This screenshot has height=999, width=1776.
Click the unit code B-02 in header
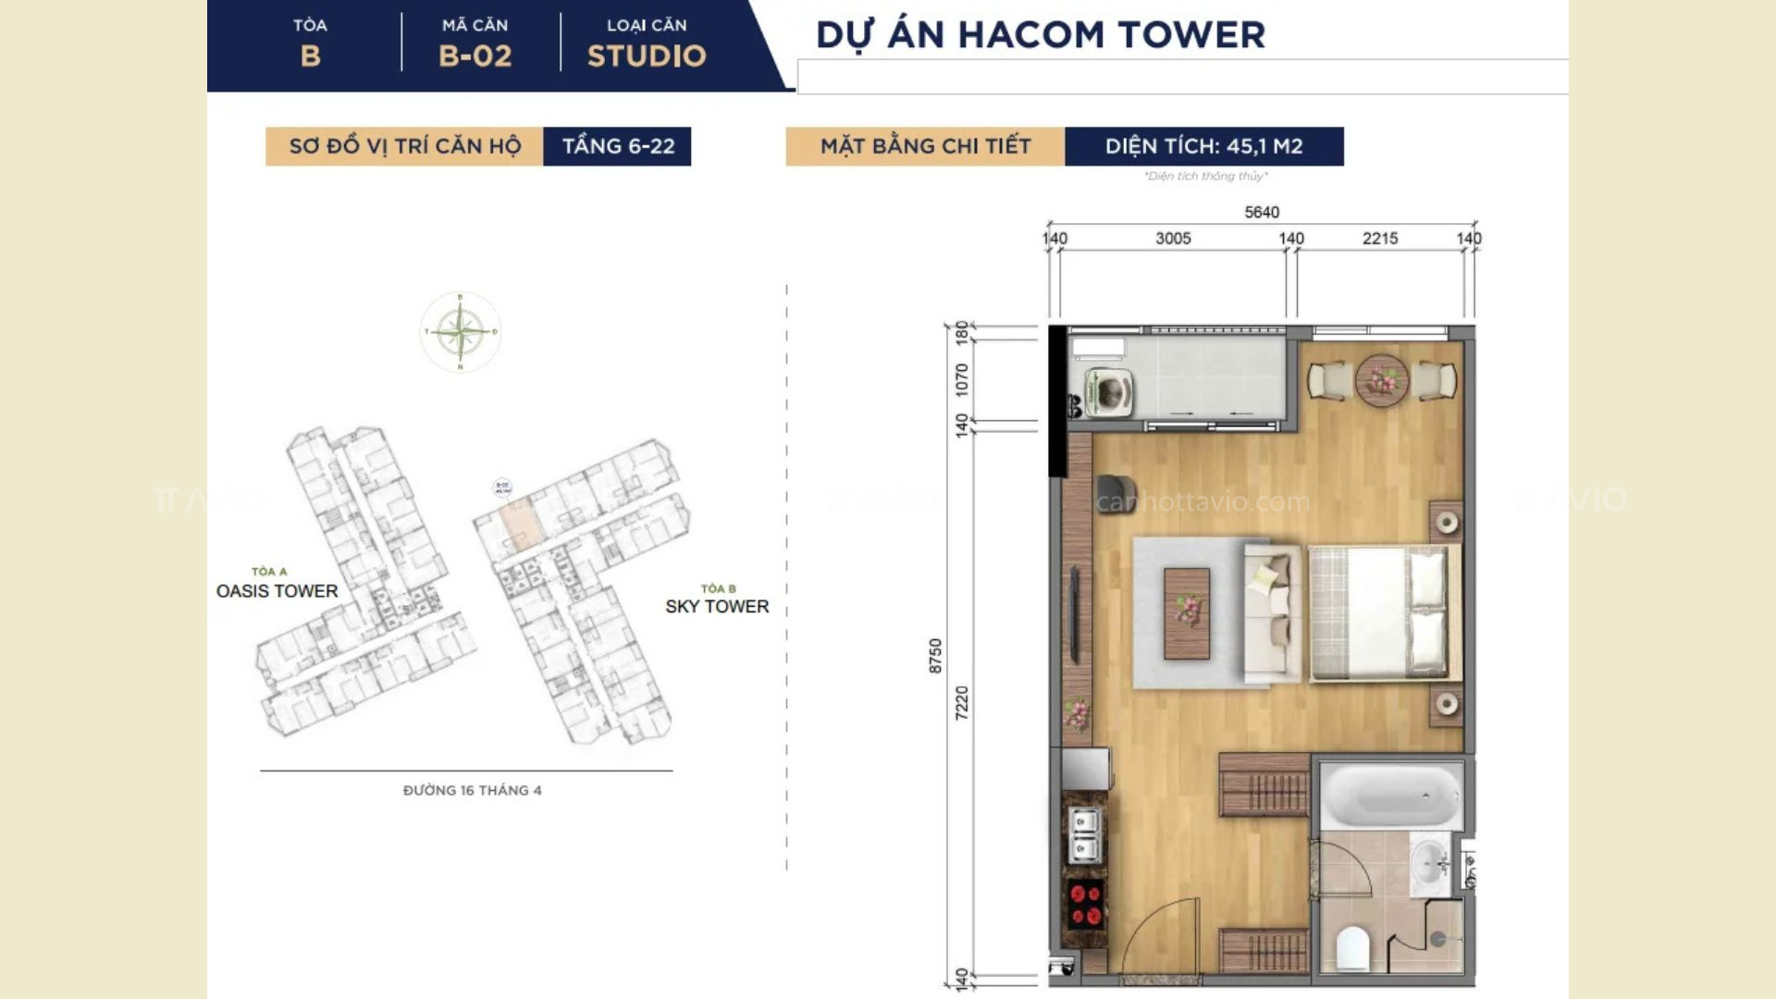(x=475, y=55)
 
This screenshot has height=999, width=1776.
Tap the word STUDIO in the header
(x=647, y=55)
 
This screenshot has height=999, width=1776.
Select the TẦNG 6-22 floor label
(x=618, y=146)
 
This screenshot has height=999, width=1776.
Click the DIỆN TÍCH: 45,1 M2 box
(x=1203, y=146)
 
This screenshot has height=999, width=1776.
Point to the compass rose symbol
(x=460, y=331)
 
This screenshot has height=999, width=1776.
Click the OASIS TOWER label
(x=277, y=590)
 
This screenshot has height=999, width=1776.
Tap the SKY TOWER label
(x=717, y=606)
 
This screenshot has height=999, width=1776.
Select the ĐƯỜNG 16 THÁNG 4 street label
(x=472, y=790)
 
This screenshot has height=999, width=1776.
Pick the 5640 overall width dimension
(x=1261, y=212)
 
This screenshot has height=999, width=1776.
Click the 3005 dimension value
(x=1173, y=238)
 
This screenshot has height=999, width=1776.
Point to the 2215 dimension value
(x=1379, y=238)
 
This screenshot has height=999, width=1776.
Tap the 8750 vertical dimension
(x=935, y=655)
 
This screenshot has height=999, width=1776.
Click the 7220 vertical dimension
(x=962, y=702)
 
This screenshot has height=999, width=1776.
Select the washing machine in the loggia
(x=1108, y=392)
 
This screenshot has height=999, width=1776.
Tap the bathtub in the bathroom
(x=1390, y=795)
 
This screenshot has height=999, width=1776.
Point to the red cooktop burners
(x=1084, y=904)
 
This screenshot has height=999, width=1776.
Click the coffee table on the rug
(x=1186, y=612)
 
